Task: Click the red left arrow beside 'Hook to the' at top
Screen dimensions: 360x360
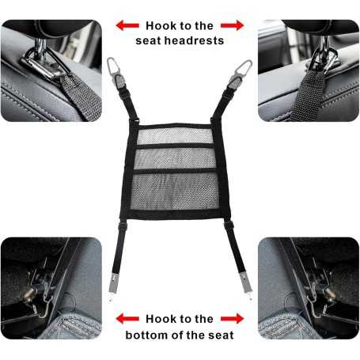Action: click(127, 25)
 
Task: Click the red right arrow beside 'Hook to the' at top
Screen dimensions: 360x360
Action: click(232, 25)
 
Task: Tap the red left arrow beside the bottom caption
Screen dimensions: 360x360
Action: click(127, 319)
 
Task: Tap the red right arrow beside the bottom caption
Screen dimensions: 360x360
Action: click(232, 319)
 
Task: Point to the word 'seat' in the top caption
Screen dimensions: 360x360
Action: click(148, 41)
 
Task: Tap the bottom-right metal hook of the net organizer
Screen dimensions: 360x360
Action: click(245, 284)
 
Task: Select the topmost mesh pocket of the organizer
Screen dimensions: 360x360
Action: click(175, 135)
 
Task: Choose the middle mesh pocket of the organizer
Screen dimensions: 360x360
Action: click(175, 158)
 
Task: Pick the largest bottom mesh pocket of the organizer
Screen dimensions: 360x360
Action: click(175, 191)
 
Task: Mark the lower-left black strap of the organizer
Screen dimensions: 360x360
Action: click(118, 248)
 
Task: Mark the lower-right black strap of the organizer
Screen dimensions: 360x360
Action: click(236, 248)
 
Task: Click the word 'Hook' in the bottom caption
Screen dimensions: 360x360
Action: click(157, 319)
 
